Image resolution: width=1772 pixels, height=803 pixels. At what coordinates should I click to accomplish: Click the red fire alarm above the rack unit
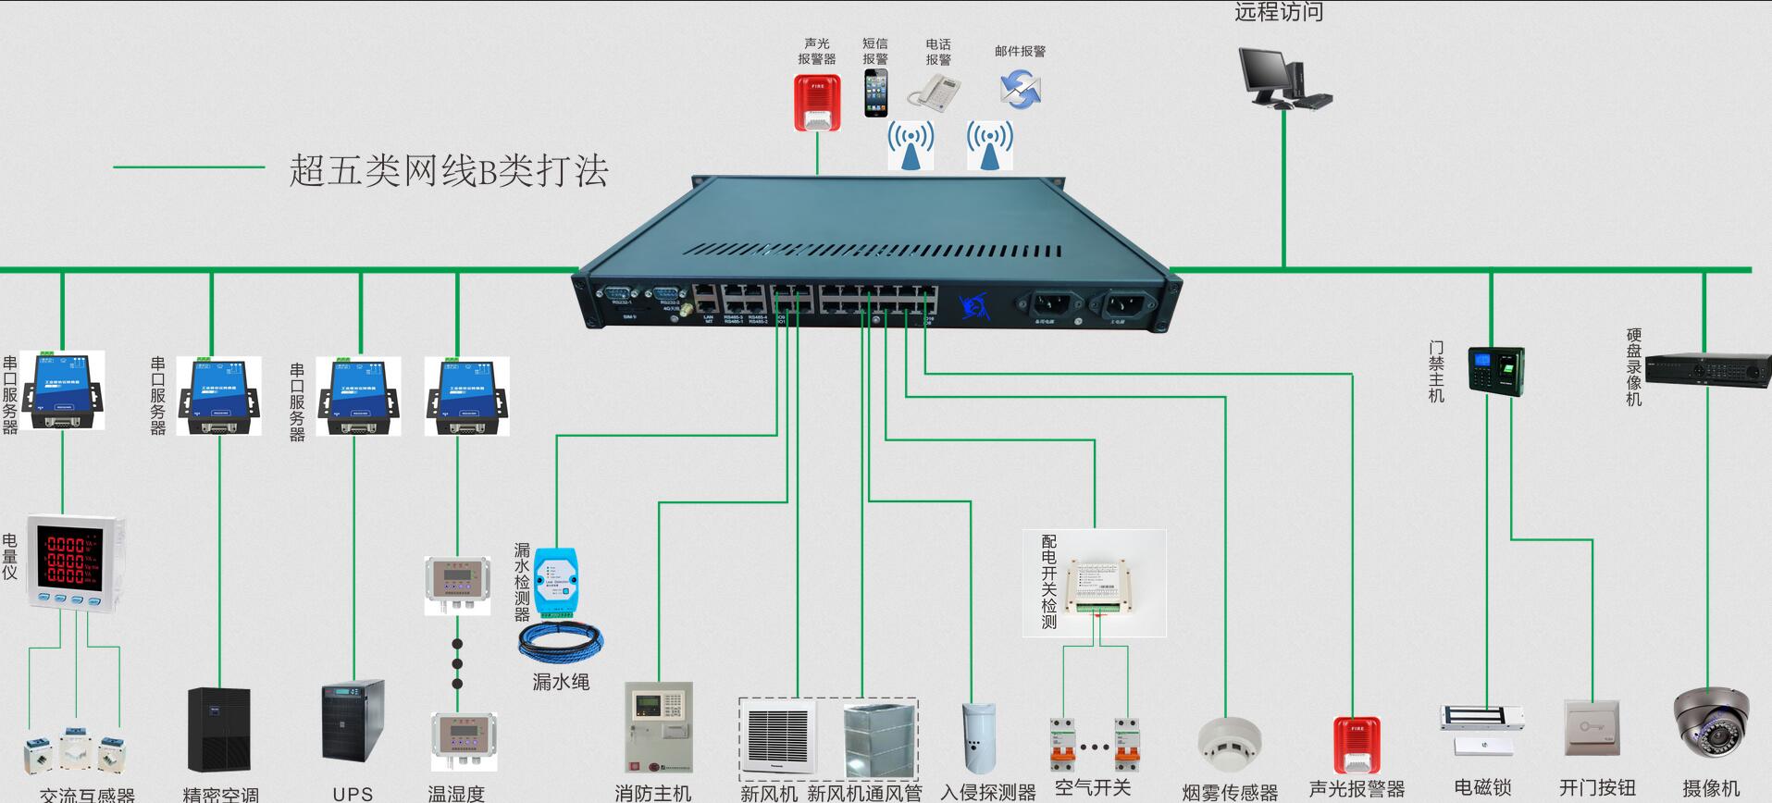point(817,102)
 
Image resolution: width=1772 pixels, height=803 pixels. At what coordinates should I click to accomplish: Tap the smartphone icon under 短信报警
point(875,93)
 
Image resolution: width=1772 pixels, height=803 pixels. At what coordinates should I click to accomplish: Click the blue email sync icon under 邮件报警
point(1020,90)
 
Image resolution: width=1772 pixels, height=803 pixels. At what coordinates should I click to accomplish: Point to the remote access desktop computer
point(1283,78)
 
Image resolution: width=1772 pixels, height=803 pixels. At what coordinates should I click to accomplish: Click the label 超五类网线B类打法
point(449,171)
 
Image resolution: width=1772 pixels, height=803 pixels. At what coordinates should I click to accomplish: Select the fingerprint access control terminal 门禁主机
point(1495,372)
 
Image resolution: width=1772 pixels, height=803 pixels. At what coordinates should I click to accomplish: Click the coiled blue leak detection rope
point(561,641)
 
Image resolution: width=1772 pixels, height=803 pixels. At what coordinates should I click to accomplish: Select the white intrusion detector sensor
point(978,737)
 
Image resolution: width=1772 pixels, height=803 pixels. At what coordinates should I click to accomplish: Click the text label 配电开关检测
point(1048,581)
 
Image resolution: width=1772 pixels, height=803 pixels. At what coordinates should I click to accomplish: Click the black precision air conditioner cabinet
point(218,731)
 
